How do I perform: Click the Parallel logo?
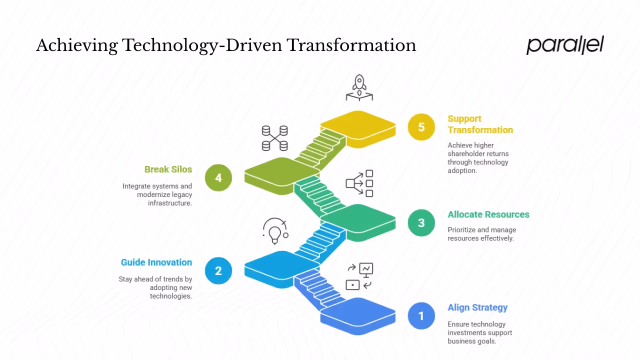(565, 45)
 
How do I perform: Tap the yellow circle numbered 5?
(421, 127)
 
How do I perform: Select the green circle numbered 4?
(218, 177)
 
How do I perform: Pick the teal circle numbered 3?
(421, 223)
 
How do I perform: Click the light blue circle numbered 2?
(218, 270)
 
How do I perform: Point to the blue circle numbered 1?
(421, 316)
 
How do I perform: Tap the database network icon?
(275, 138)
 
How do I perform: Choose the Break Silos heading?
(168, 169)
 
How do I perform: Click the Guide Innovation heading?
(156, 262)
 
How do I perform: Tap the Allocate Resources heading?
(488, 214)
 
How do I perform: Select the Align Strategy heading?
(477, 307)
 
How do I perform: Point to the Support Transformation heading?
(479, 124)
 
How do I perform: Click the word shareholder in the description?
(477, 153)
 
